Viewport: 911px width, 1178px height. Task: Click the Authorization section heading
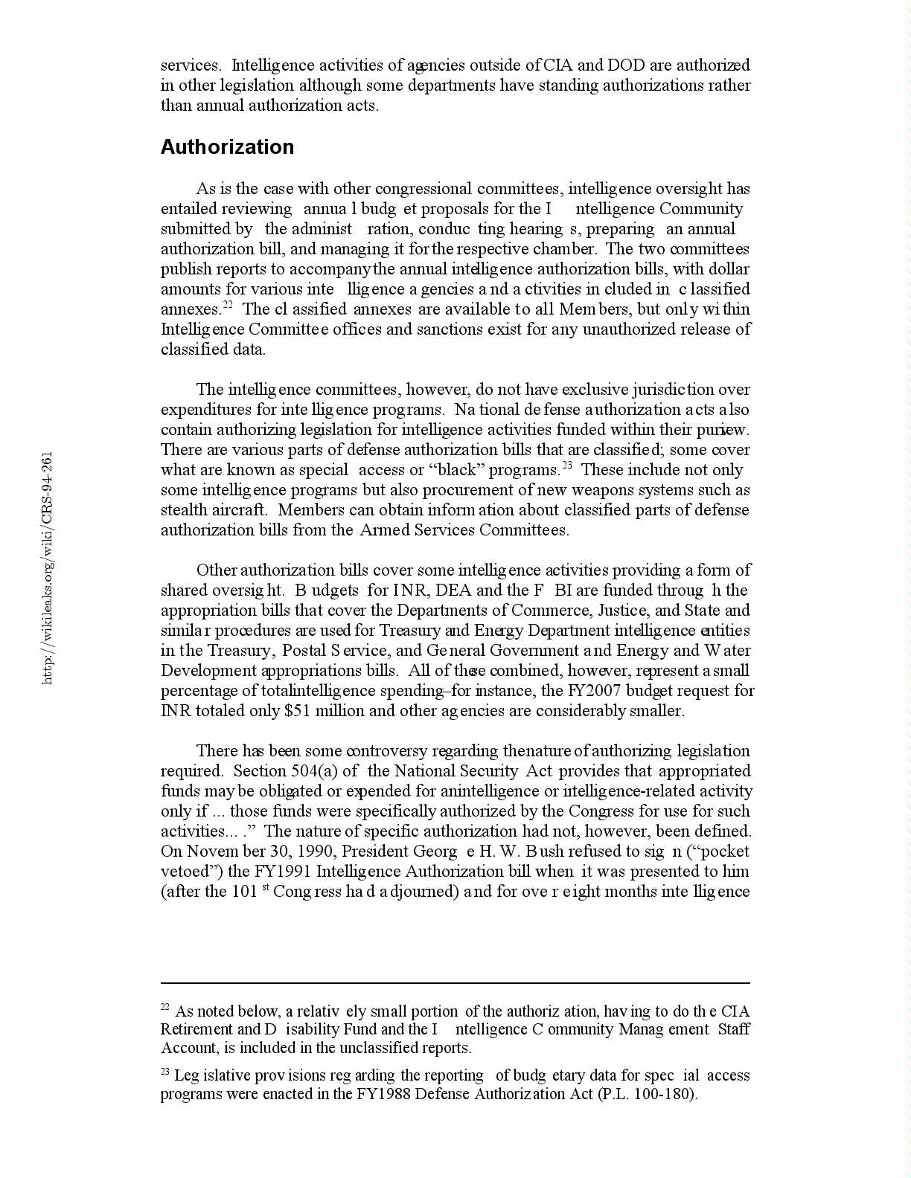[x=227, y=147]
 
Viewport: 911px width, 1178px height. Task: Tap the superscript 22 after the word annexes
[x=228, y=305]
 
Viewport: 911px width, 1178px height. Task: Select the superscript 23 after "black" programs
[x=566, y=466]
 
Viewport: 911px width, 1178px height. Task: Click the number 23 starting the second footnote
[x=165, y=1072]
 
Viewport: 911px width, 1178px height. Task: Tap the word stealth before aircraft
[x=183, y=509]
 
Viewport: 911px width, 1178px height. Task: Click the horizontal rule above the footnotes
[x=455, y=982]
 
